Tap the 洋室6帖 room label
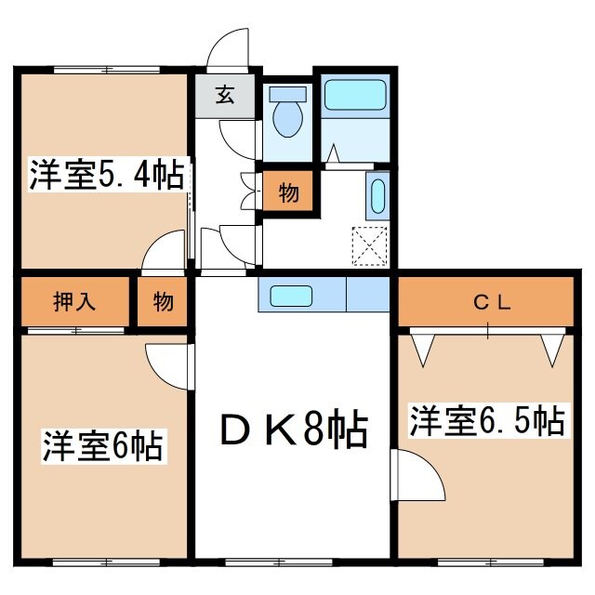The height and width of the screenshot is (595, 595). (x=102, y=446)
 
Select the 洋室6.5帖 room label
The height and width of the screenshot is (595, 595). (x=487, y=420)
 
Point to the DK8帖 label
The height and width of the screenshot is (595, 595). (x=294, y=430)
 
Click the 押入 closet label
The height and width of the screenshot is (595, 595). (x=74, y=301)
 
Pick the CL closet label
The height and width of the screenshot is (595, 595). (x=487, y=301)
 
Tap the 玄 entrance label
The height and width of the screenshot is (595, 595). (x=225, y=94)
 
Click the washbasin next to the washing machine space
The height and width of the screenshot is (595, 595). (x=377, y=196)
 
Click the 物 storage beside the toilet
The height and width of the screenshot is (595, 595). (x=287, y=193)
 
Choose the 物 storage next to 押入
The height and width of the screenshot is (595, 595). (x=164, y=301)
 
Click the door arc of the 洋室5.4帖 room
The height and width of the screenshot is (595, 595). (x=166, y=252)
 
